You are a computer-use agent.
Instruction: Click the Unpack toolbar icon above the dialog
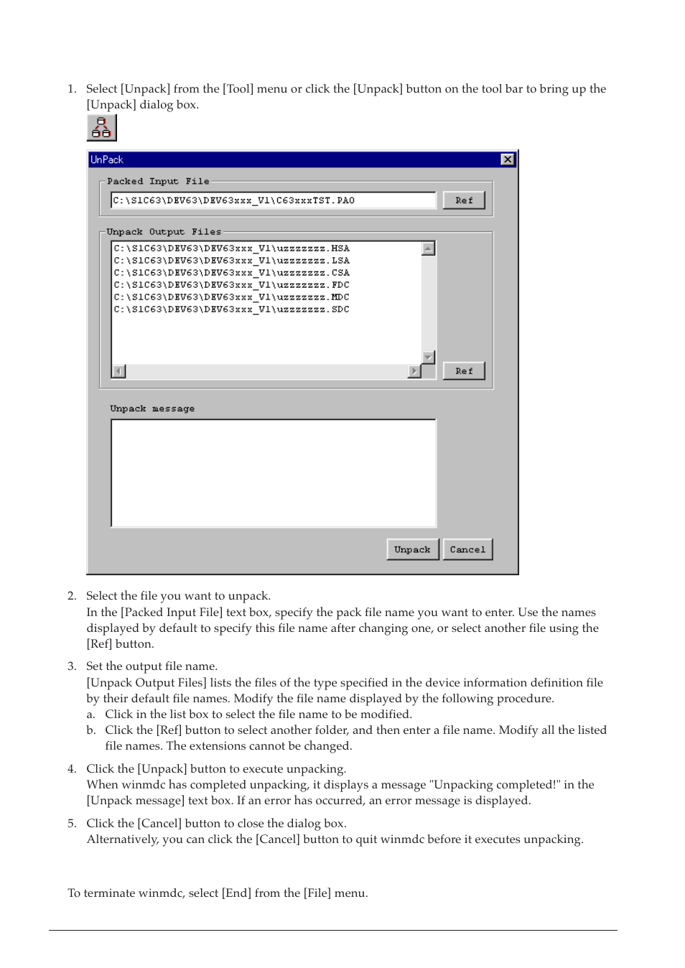[x=101, y=128]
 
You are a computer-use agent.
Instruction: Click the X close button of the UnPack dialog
[x=508, y=159]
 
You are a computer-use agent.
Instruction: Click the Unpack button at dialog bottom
[x=412, y=549]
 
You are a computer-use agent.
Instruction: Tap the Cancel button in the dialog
[x=467, y=549]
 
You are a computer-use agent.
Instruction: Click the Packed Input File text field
[x=273, y=200]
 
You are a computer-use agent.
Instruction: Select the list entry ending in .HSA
[x=231, y=248]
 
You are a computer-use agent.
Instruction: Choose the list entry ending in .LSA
[x=231, y=261]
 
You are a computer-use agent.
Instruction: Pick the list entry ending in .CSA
[x=231, y=273]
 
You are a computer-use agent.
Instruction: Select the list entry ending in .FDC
[x=231, y=285]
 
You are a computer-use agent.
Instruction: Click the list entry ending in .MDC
[x=231, y=297]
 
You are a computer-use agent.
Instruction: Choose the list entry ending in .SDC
[x=231, y=310]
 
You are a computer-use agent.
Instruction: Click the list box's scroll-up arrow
[x=429, y=248]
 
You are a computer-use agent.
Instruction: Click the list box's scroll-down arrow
[x=429, y=357]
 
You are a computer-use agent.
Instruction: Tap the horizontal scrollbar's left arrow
[x=118, y=371]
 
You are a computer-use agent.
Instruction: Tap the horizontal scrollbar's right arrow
[x=414, y=371]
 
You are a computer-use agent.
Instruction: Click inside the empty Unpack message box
[x=273, y=473]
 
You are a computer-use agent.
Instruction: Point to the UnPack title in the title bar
[x=107, y=159]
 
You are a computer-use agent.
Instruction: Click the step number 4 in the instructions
[x=71, y=769]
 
